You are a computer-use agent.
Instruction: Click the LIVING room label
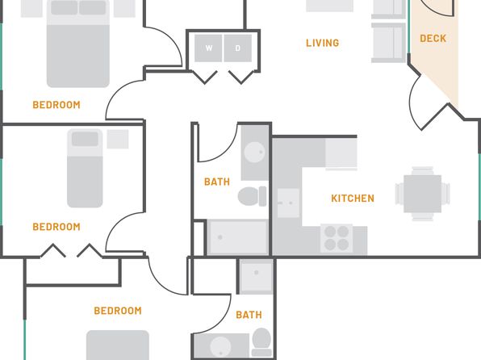322,43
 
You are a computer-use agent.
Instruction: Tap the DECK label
433,39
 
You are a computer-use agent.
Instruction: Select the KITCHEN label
353,199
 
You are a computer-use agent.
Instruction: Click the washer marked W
208,48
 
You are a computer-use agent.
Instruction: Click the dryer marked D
238,48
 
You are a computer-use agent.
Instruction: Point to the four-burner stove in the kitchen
337,238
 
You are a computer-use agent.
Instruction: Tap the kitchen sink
288,203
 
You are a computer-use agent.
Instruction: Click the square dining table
422,194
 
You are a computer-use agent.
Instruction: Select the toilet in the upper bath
252,196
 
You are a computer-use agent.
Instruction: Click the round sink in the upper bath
254,153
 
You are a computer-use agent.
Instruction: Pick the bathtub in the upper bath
237,237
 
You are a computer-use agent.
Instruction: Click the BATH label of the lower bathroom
249,315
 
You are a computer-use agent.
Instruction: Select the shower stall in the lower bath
256,277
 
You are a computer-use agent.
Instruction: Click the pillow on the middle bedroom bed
85,139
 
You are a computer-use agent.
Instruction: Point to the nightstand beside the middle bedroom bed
118,139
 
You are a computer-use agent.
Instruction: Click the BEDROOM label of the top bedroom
56,105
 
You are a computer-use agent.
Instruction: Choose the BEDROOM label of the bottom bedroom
118,311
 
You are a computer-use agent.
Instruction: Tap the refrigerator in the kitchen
341,153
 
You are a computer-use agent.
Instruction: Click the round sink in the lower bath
220,347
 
